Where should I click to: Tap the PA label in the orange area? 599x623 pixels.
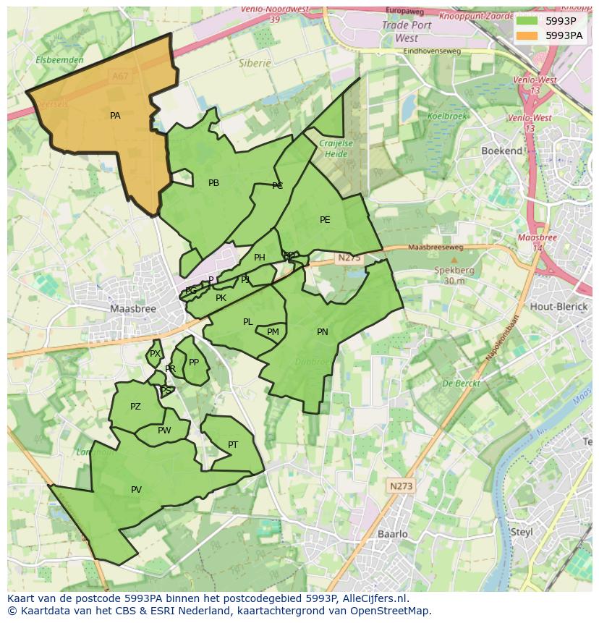115,116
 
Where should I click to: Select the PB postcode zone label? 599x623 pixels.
213,183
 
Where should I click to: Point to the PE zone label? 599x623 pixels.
325,220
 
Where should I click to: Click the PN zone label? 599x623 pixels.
323,332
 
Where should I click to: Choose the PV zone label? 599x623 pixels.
136,490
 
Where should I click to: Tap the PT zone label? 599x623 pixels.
233,445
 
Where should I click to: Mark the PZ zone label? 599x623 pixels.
135,407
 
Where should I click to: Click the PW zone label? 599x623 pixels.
164,431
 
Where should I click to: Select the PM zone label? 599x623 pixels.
273,332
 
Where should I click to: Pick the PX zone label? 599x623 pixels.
155,354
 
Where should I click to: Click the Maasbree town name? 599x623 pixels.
133,308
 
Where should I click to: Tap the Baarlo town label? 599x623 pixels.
393,534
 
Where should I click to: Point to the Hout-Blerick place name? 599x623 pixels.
558,306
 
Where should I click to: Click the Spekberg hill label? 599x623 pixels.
454,270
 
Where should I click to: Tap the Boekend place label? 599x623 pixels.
502,151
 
